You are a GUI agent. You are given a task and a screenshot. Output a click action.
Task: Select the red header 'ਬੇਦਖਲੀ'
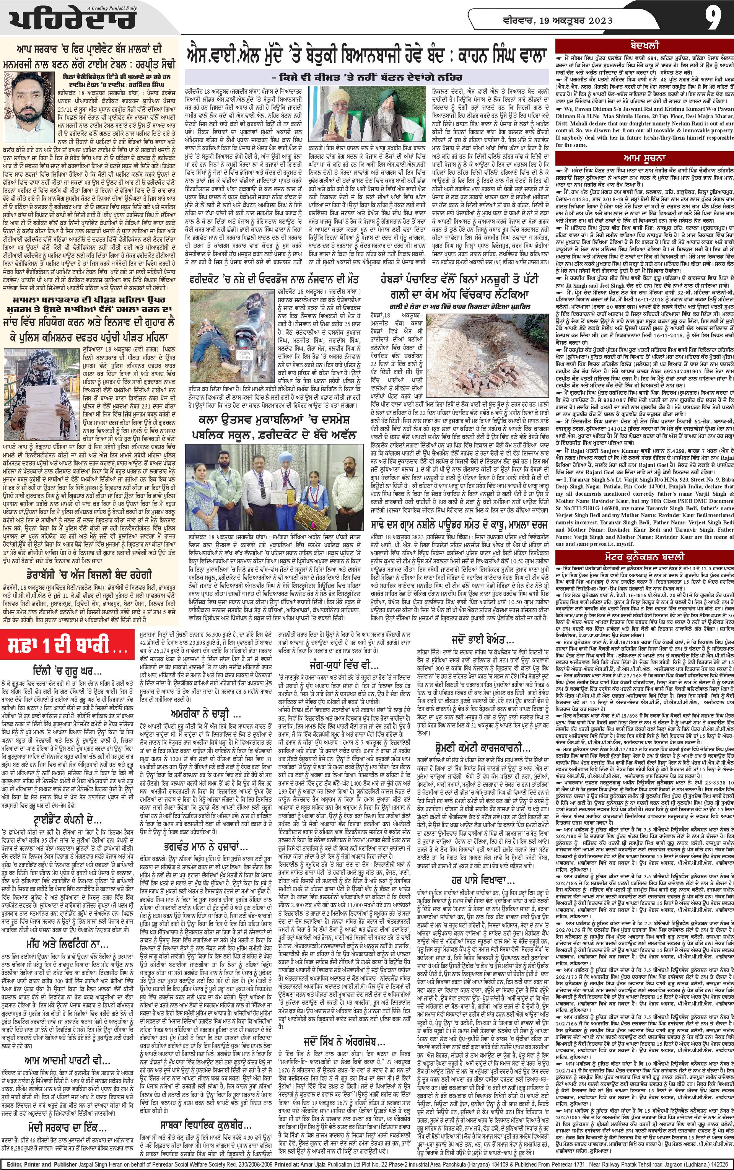click(x=645, y=46)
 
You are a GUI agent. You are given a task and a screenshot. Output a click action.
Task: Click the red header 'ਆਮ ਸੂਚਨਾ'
click(x=645, y=158)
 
